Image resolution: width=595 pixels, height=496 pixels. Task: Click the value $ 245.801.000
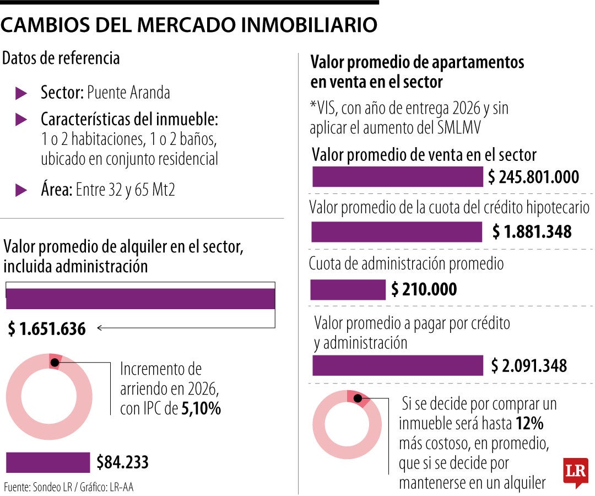click(533, 177)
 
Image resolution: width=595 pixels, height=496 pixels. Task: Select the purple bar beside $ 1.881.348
click(396, 232)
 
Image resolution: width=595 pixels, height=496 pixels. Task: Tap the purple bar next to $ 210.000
click(348, 290)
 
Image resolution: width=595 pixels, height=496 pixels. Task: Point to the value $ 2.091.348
click(529, 365)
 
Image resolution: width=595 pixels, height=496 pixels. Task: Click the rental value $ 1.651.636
click(47, 329)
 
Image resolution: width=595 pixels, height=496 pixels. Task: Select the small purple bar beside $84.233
click(47, 462)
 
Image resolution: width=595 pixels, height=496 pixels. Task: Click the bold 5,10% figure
click(201, 409)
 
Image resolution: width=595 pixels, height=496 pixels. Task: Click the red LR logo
click(575, 471)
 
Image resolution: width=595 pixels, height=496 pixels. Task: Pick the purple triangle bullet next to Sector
click(21, 93)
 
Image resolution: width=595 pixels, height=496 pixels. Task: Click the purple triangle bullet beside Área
click(21, 191)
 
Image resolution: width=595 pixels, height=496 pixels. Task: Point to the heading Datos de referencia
click(61, 58)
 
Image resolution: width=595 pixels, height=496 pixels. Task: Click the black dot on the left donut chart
click(55, 362)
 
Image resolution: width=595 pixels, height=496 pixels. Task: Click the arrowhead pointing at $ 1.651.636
click(99, 328)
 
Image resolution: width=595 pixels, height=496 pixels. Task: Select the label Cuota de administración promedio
click(406, 263)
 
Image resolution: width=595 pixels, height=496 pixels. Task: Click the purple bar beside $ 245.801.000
click(397, 177)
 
